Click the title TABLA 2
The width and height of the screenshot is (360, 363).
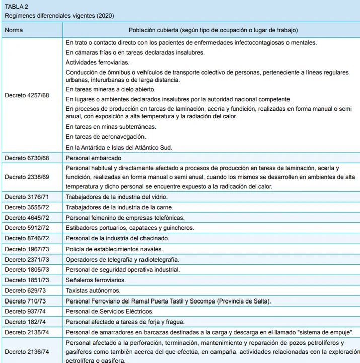click(x=16, y=7)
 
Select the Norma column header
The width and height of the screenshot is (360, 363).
click(x=14, y=30)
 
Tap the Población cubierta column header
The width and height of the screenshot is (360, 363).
click(x=213, y=30)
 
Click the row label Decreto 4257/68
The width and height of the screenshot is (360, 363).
click(x=27, y=95)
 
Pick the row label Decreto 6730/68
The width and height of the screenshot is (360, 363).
click(x=27, y=158)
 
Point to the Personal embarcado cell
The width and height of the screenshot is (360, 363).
click(x=94, y=158)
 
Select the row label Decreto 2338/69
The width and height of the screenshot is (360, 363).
click(x=27, y=177)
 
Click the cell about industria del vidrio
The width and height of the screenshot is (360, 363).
click(x=117, y=197)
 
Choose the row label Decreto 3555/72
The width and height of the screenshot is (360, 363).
click(x=27, y=207)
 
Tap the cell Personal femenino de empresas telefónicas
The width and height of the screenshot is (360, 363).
click(x=125, y=218)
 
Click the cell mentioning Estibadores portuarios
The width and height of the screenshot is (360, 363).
click(x=130, y=228)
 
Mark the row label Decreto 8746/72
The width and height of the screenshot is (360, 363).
click(x=27, y=238)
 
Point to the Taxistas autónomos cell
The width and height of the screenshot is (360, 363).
click(x=93, y=291)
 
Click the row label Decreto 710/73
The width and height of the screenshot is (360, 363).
click(x=26, y=301)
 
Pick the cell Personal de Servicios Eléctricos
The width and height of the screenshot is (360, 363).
click(x=110, y=312)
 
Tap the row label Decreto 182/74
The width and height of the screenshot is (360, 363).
click(x=26, y=322)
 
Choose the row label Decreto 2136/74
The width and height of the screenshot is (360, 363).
click(x=27, y=351)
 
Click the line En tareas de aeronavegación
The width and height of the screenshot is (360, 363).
click(x=106, y=137)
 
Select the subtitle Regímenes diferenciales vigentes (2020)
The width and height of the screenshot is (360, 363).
click(x=59, y=16)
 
